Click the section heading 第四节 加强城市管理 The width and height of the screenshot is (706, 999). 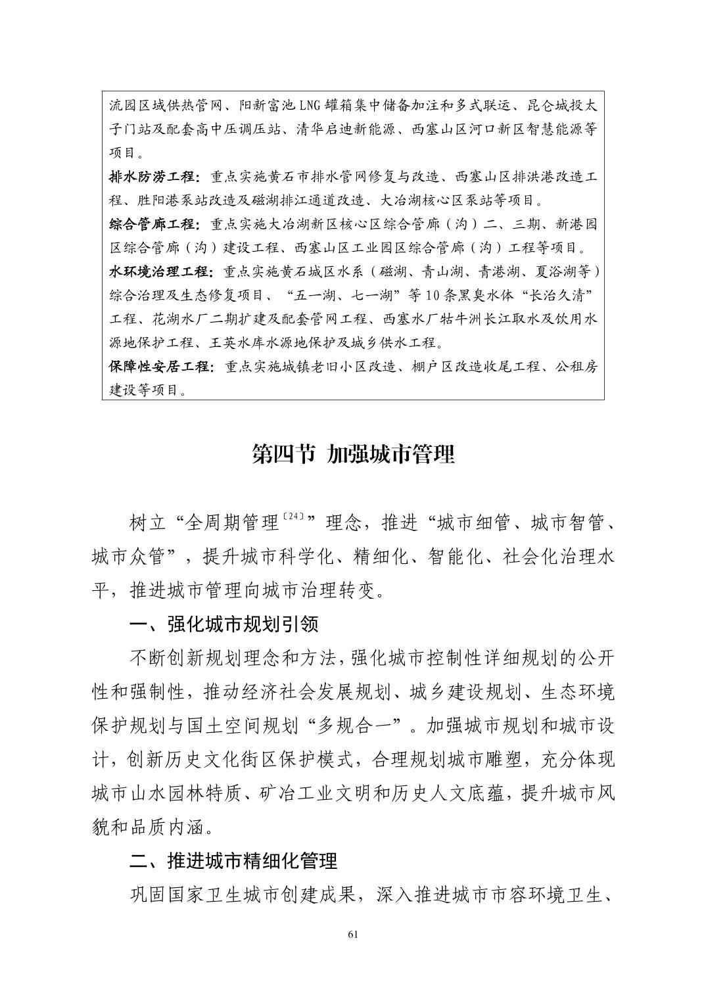coord(353,454)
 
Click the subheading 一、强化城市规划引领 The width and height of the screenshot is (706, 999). coord(224,623)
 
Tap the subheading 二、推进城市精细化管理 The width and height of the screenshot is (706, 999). coord(233,860)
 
